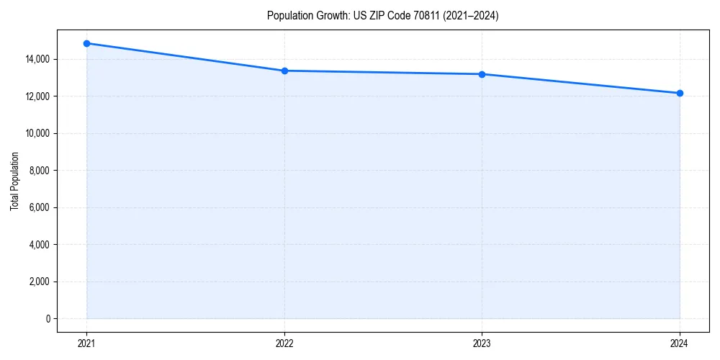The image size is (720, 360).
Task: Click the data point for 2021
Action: pyautogui.click(x=86, y=43)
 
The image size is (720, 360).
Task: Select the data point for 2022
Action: pyautogui.click(x=284, y=71)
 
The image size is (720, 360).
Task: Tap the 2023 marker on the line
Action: pyautogui.click(x=482, y=74)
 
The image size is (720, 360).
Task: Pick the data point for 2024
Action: pyautogui.click(x=680, y=93)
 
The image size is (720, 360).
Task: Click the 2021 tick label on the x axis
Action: pyautogui.click(x=86, y=343)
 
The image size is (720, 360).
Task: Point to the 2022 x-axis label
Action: pyautogui.click(x=284, y=343)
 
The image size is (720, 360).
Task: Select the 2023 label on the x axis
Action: pyautogui.click(x=482, y=343)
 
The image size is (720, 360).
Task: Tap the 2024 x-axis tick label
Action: pyautogui.click(x=680, y=343)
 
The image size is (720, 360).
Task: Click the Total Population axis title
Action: pyautogui.click(x=14, y=181)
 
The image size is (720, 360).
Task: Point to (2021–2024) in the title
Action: pyautogui.click(x=471, y=16)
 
